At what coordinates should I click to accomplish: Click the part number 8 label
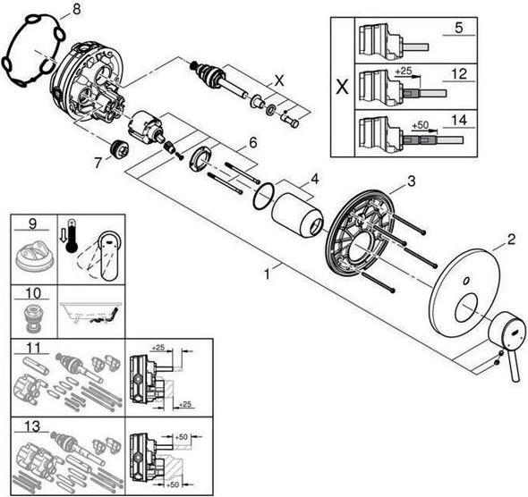coord(75,10)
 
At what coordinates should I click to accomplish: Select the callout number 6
coord(253,142)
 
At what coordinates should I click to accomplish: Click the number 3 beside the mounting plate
coord(411,181)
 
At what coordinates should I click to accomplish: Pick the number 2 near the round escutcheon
coord(511,239)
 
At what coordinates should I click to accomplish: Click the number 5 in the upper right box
coord(457,28)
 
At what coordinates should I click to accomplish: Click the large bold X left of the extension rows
coord(340,88)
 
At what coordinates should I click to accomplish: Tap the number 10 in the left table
coord(32,293)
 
